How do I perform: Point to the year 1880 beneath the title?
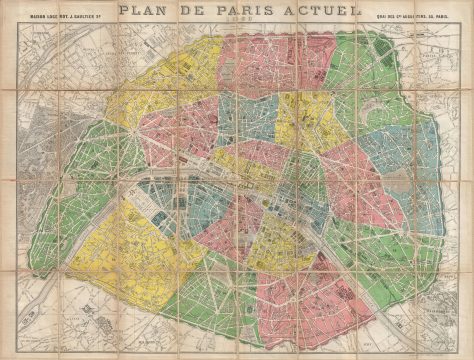[237, 27]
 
